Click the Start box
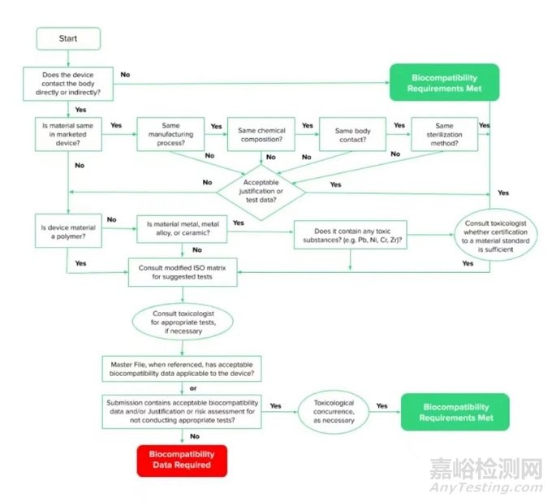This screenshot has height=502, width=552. (69, 39)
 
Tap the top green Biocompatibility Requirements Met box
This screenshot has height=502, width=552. (442, 83)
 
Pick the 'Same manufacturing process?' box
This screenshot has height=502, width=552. (170, 135)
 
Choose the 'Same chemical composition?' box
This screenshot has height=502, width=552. (261, 135)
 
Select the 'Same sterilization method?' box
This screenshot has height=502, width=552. (444, 135)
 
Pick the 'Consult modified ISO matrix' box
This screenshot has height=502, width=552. (183, 271)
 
